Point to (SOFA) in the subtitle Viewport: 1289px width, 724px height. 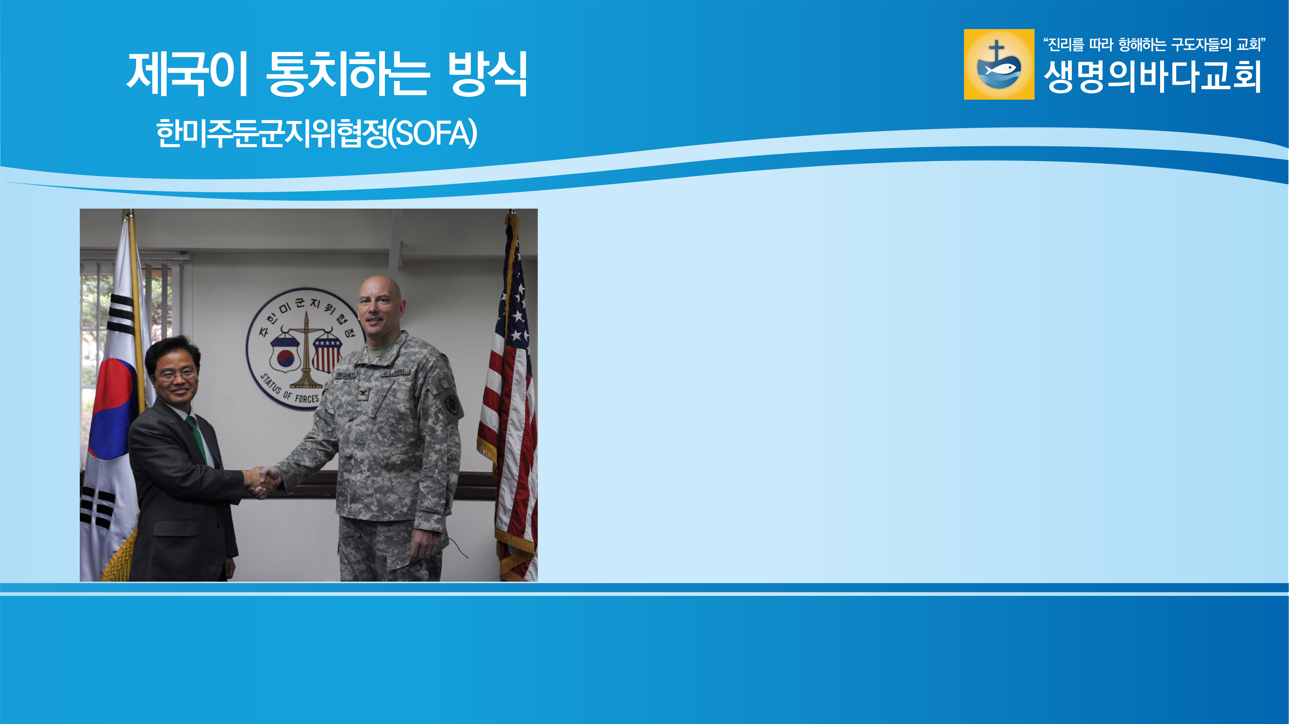tap(433, 134)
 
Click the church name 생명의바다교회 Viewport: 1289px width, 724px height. tap(1152, 76)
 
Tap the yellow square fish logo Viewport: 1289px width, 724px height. tap(999, 64)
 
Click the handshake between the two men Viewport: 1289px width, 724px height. tap(263, 481)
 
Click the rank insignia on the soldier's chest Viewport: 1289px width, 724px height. tap(362, 394)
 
